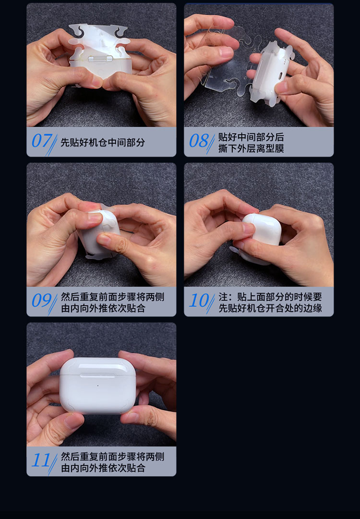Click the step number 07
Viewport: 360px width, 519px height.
[42, 141]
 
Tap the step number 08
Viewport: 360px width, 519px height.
[199, 141]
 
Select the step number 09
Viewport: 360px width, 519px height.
[42, 301]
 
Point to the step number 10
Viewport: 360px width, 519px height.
[199, 301]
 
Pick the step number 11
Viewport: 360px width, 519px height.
[41, 460]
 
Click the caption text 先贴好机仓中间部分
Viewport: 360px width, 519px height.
[103, 142]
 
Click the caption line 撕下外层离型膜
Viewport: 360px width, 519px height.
[251, 148]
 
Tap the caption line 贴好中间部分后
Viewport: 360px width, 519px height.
[251, 137]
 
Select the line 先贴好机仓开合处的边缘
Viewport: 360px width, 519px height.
[270, 308]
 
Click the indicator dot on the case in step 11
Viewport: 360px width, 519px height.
[97, 386]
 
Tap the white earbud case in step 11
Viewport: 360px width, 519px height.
[97, 385]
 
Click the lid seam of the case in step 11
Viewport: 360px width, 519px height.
[97, 374]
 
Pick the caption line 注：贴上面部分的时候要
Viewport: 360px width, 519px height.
[270, 297]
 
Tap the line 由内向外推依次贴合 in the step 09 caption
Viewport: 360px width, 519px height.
[103, 308]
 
